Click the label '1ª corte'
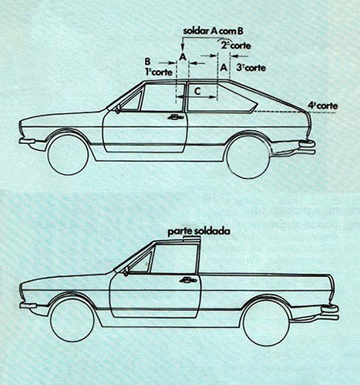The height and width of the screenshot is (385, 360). pos(159,72)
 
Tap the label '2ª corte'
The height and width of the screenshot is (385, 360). pos(236,45)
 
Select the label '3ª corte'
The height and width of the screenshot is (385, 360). pos(251,68)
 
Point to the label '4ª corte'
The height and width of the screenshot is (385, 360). pos(323,105)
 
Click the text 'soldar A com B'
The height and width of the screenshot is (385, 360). pos(213,31)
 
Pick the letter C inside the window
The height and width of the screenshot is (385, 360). pos(197,91)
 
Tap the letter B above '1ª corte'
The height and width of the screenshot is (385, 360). pos(147,62)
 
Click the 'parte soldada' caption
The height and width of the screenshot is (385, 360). pos(199,232)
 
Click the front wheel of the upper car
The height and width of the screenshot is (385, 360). pos(68,154)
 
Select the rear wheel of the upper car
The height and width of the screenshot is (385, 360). pos(248,156)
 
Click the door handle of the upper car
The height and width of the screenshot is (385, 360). pos(175,117)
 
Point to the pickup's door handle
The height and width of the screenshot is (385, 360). pos(188,280)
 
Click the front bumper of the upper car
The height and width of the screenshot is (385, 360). pos(27,141)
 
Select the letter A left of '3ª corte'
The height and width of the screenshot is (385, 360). pos(224,68)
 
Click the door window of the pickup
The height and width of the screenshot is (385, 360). pos(176,258)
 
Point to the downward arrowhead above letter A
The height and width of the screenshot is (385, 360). pos(183,49)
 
